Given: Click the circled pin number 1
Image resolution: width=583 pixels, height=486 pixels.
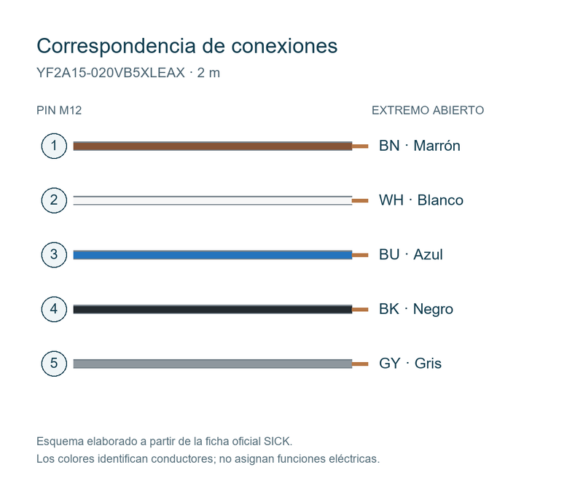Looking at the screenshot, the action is [x=54, y=146].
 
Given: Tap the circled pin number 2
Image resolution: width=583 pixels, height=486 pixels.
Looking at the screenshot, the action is [x=54, y=200].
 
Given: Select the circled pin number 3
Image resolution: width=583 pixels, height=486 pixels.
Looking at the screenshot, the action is [x=54, y=255].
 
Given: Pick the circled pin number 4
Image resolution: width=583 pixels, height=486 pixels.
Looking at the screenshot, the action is [x=54, y=309].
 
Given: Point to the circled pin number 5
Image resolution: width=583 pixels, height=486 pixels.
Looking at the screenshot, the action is [x=54, y=364].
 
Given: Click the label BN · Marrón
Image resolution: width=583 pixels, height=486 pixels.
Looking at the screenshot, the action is [x=420, y=146].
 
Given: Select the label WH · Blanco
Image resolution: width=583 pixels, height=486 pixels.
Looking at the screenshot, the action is [x=421, y=200].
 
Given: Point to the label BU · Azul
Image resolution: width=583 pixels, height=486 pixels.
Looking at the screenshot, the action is [x=411, y=255].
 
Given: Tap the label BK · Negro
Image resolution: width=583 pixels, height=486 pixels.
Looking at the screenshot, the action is [x=416, y=309].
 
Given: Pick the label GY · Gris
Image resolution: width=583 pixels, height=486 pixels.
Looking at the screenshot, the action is [x=410, y=364].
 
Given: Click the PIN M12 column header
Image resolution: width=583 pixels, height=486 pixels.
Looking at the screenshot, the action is [x=59, y=111].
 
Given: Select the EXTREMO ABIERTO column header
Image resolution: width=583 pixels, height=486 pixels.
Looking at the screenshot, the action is [x=428, y=111].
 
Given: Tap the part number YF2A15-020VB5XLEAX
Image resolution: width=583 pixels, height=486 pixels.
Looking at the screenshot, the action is [x=111, y=73].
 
